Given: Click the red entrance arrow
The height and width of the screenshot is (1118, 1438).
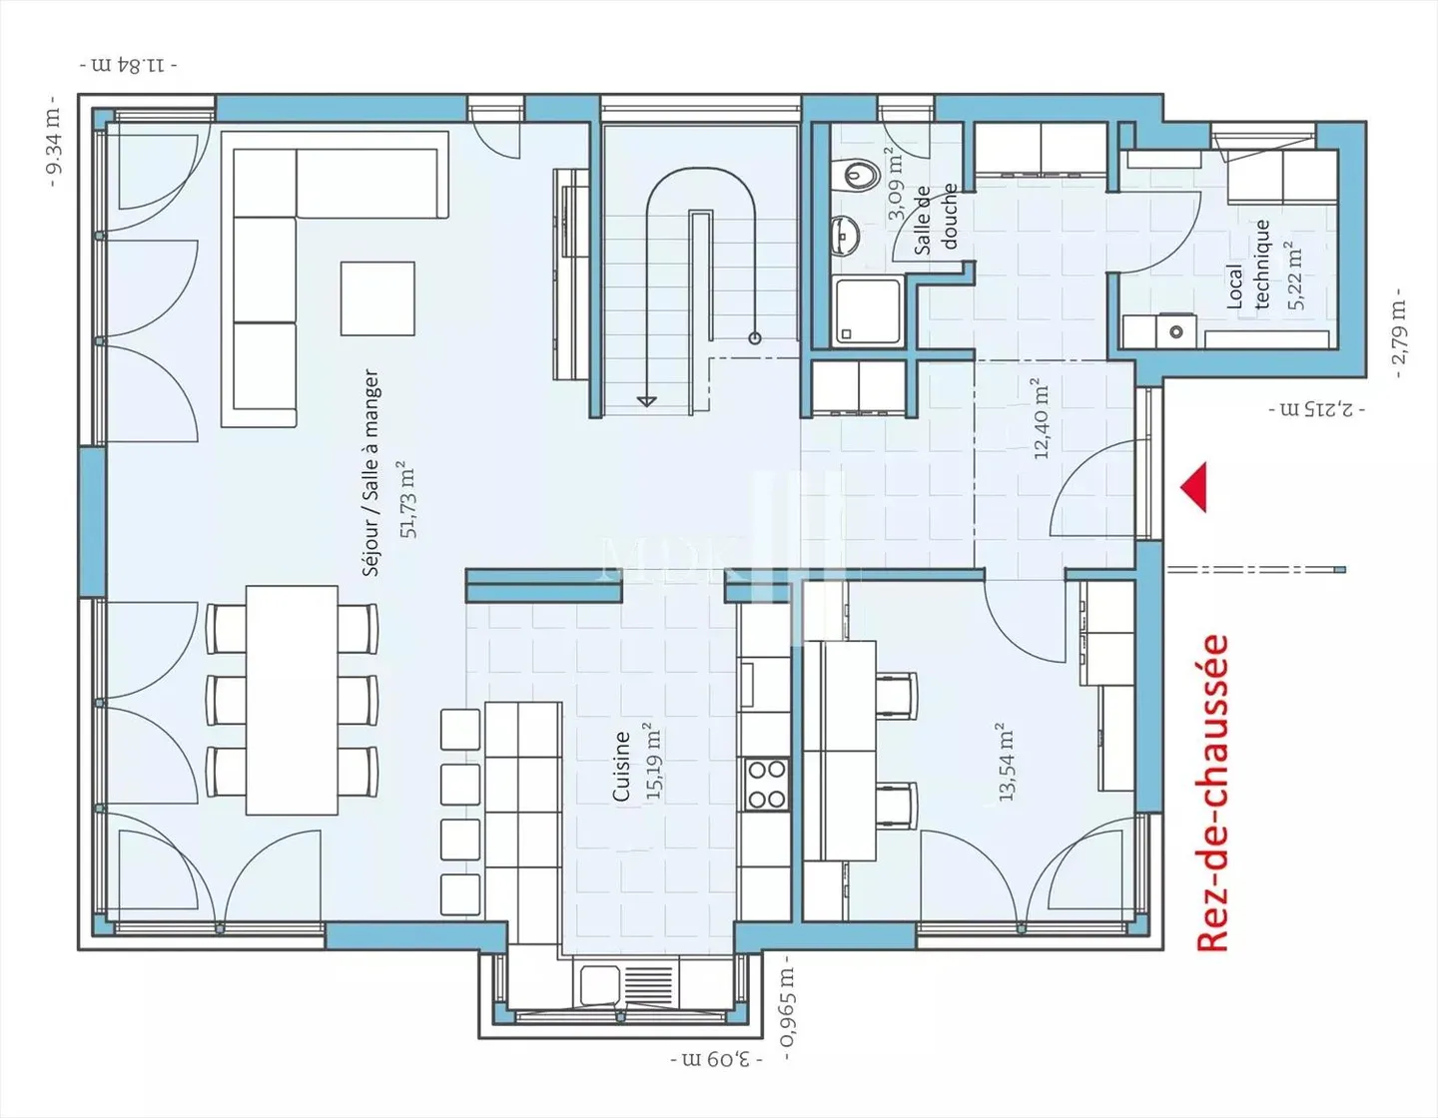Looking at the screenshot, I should [1194, 487].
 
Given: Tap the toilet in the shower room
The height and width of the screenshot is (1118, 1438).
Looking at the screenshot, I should [858, 176].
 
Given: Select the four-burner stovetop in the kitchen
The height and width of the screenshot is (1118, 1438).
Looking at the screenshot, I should [767, 784].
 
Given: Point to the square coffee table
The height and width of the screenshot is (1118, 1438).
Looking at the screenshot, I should [377, 298].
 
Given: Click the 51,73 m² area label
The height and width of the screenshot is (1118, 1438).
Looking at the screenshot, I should [407, 499].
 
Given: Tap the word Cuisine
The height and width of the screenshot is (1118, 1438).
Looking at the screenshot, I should [621, 766].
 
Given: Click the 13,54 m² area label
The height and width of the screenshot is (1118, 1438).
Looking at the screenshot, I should [1006, 762].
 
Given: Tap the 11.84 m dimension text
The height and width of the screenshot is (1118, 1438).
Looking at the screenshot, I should [129, 66].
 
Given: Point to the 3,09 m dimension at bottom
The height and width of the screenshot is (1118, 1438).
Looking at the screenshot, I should [716, 1057].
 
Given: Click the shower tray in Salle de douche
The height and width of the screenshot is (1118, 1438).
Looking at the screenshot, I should [868, 312].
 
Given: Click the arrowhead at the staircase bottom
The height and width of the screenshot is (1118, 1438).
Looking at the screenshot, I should [647, 400].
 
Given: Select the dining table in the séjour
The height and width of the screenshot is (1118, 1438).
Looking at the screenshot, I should [292, 700].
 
